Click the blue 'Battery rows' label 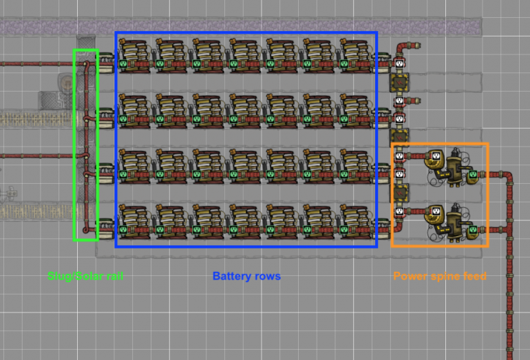(246, 277)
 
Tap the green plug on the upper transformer (473, 176)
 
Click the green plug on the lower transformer (473, 229)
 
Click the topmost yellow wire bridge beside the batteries (399, 82)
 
